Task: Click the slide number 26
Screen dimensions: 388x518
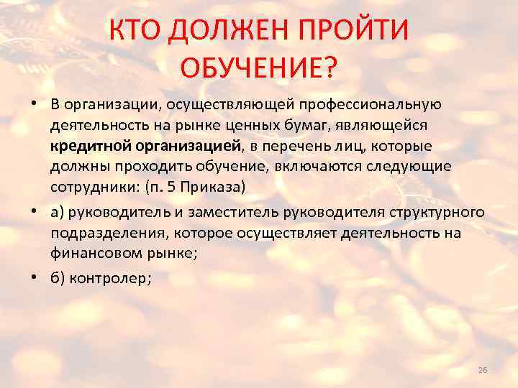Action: pyautogui.click(x=482, y=370)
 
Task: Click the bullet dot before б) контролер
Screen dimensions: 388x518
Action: pyautogui.click(x=35, y=280)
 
